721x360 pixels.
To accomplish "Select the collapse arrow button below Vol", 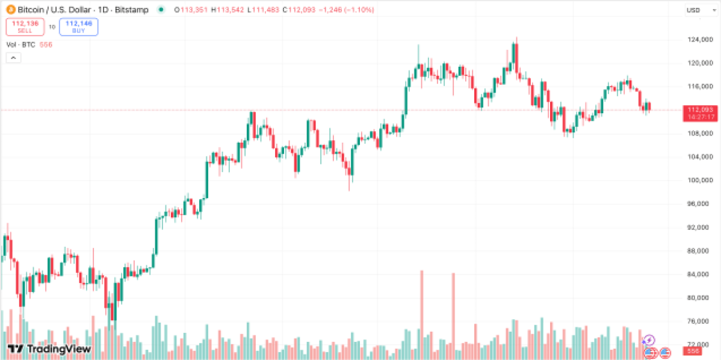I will [13, 58].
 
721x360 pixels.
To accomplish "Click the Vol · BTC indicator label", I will [21, 45].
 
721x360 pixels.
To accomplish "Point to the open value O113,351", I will [191, 10].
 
